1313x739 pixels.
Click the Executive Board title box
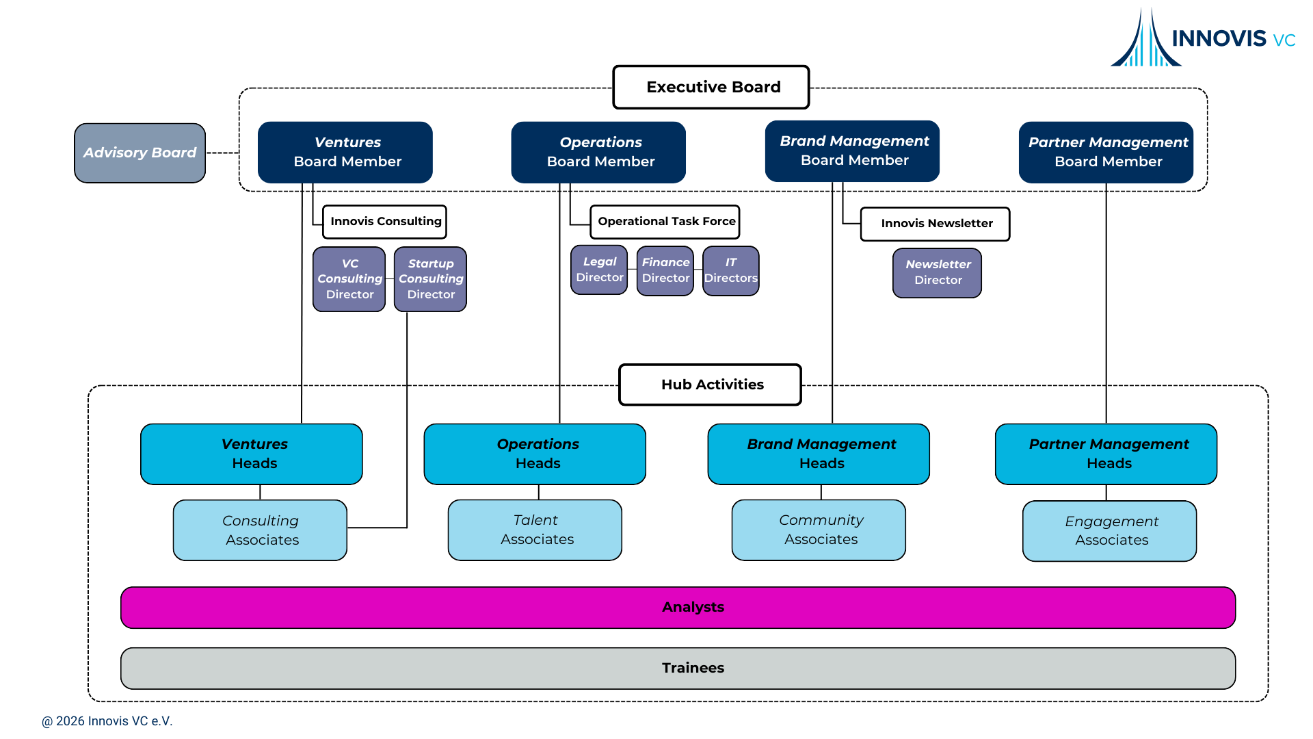(711, 87)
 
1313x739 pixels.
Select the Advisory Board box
(140, 153)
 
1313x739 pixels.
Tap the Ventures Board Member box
(345, 152)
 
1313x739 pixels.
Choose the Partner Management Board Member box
(1106, 152)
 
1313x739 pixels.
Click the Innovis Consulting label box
(385, 222)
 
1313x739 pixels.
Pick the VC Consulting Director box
(349, 279)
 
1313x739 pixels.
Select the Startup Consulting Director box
(430, 279)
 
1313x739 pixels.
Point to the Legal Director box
(599, 270)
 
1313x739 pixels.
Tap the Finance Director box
(665, 270)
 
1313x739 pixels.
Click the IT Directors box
(730, 270)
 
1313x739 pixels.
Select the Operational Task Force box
(665, 222)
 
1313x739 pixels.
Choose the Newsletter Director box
(937, 272)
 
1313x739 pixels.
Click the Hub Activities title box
(710, 385)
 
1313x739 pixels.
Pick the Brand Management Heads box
(819, 454)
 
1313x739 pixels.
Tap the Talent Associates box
(535, 530)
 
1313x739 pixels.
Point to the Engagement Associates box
(1109, 531)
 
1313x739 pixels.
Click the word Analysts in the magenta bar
(693, 607)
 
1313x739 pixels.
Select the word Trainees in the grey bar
(693, 668)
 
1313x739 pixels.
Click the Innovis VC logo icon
(1145, 40)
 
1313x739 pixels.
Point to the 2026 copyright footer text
(107, 721)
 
